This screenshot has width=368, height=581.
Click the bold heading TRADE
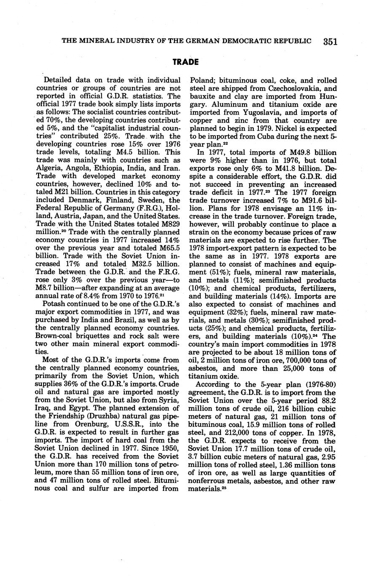click(x=185, y=62)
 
